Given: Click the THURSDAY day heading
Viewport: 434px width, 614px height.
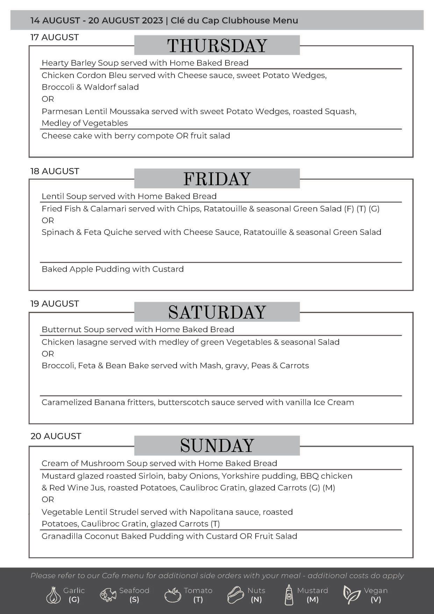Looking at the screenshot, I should click(217, 46).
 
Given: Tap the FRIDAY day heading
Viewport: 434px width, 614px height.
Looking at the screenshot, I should click(217, 179).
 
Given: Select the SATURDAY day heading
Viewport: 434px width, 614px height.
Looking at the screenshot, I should click(217, 312).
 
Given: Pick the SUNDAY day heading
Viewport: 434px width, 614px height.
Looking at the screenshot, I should click(217, 446).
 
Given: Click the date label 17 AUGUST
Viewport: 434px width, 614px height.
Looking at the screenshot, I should click(55, 37).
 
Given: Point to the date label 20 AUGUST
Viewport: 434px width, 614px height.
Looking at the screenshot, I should click(56, 436).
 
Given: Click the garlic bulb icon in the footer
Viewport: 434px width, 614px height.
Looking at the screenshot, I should click(53, 595).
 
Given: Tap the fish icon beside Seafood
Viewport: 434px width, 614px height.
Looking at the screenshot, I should click(108, 595).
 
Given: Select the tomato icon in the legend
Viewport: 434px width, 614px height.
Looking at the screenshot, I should click(173, 595).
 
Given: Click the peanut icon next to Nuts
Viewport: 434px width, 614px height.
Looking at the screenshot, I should click(236, 595).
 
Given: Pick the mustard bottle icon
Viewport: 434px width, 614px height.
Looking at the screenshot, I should click(289, 595).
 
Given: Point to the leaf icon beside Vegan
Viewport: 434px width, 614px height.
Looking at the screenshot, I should click(351, 595).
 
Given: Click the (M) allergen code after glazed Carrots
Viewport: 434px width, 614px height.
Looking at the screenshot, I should click(329, 488).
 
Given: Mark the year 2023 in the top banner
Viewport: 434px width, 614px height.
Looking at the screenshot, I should click(152, 21).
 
